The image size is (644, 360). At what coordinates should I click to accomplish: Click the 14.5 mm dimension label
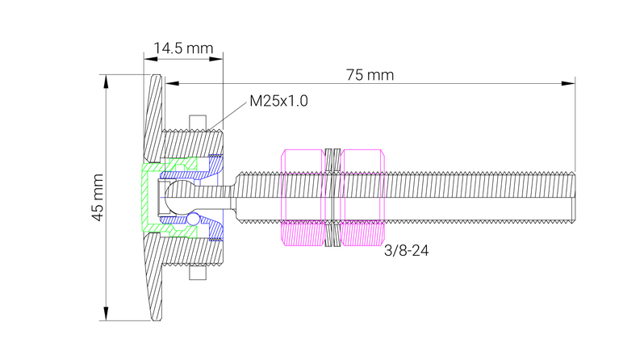click(x=184, y=48)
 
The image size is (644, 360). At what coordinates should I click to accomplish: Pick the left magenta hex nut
click(x=302, y=197)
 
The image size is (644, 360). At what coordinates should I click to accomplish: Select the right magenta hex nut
click(x=362, y=197)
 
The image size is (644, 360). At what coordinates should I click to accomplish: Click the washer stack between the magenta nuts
click(x=332, y=197)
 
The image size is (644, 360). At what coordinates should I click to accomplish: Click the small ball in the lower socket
click(x=194, y=220)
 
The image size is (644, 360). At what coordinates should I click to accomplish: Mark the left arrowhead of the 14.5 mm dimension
click(x=148, y=56)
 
